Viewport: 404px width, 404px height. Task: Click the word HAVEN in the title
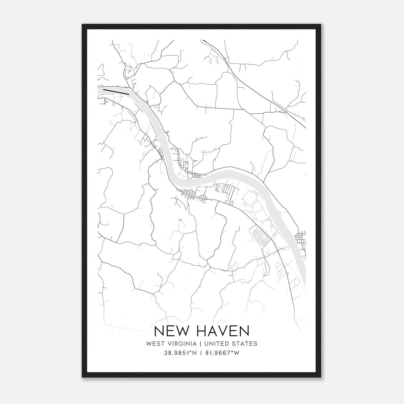click(x=223, y=331)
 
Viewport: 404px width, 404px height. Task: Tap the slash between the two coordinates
click(x=201, y=353)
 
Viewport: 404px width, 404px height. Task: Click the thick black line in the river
click(x=116, y=92)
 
